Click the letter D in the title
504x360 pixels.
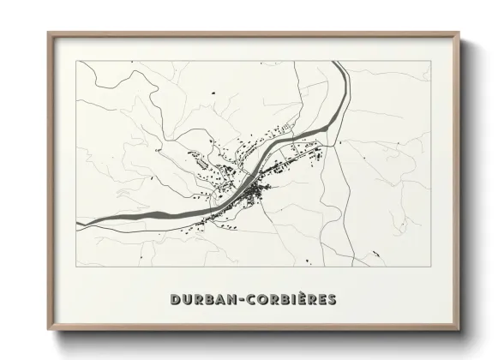pyautogui.click(x=176, y=299)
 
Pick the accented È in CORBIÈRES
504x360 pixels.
pyautogui.click(x=303, y=298)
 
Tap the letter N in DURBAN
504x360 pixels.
pyautogui.click(x=227, y=299)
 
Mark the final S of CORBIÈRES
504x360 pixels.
pyautogui.click(x=331, y=299)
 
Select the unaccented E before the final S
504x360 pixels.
pyautogui.click(x=319, y=299)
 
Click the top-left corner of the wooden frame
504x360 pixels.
pyautogui.click(x=48, y=33)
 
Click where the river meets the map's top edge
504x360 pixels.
pyautogui.click(x=348, y=63)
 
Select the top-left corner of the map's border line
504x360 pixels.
pyautogui.click(x=77, y=63)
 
